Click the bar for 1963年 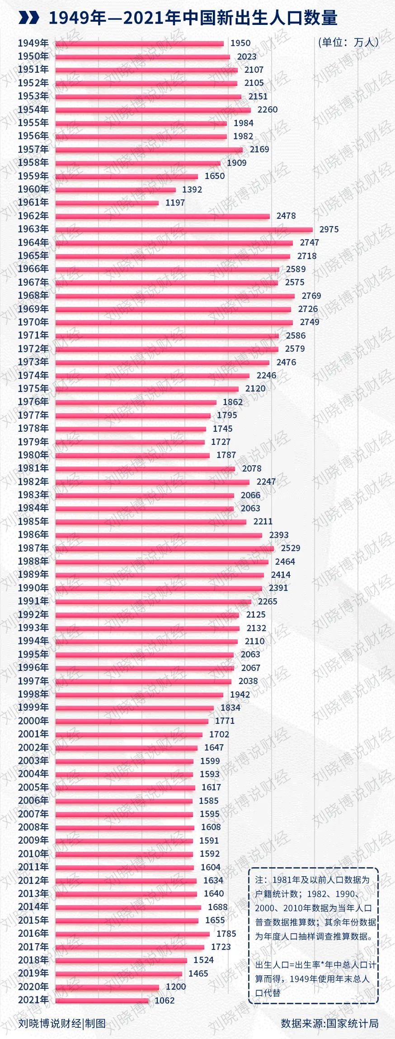pyautogui.click(x=183, y=230)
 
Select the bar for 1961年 pyautogui.click(x=107, y=203)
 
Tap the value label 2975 pyautogui.click(x=329, y=229)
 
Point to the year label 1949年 pyautogui.click(x=33, y=43)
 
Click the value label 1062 pyautogui.click(x=164, y=1001)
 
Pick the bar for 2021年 pyautogui.click(x=102, y=1001)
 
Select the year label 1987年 pyautogui.click(x=33, y=548)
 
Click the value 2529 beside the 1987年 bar pyautogui.click(x=290, y=548)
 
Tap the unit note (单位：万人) pyautogui.click(x=348, y=43)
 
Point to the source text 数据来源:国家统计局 pyautogui.click(x=329, y=1023)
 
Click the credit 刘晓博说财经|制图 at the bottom pyautogui.click(x=61, y=1023)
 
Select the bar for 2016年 pyautogui.click(x=132, y=934)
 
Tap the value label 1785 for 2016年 pyautogui.click(x=226, y=934)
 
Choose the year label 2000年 pyautogui.click(x=33, y=721)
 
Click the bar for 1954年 pyautogui.click(x=153, y=110)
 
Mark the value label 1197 pyautogui.click(x=175, y=203)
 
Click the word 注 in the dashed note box pyautogui.click(x=259, y=879)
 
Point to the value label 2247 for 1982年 pyautogui.click(x=266, y=482)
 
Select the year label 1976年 pyautogui.click(x=33, y=401)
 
